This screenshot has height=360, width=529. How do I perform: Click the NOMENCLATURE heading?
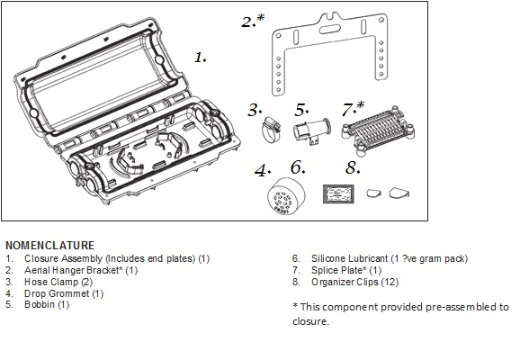click(50, 246)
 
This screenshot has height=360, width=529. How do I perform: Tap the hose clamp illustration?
click(271, 130)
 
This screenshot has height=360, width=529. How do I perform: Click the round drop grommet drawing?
click(286, 196)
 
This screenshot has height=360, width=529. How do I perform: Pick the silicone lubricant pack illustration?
click(338, 194)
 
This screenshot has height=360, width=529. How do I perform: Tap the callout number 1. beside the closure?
click(201, 58)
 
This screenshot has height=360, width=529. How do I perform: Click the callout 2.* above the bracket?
click(253, 21)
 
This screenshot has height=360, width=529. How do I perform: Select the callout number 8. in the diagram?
click(353, 167)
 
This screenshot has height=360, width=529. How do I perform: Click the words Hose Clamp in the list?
click(51, 282)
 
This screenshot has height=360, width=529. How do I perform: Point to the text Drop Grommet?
click(57, 293)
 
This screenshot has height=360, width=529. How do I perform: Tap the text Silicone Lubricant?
click(349, 259)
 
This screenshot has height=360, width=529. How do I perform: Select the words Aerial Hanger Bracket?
click(72, 270)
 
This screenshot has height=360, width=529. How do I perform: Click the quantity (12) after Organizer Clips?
click(390, 282)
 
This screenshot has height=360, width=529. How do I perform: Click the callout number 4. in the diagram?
click(263, 170)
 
